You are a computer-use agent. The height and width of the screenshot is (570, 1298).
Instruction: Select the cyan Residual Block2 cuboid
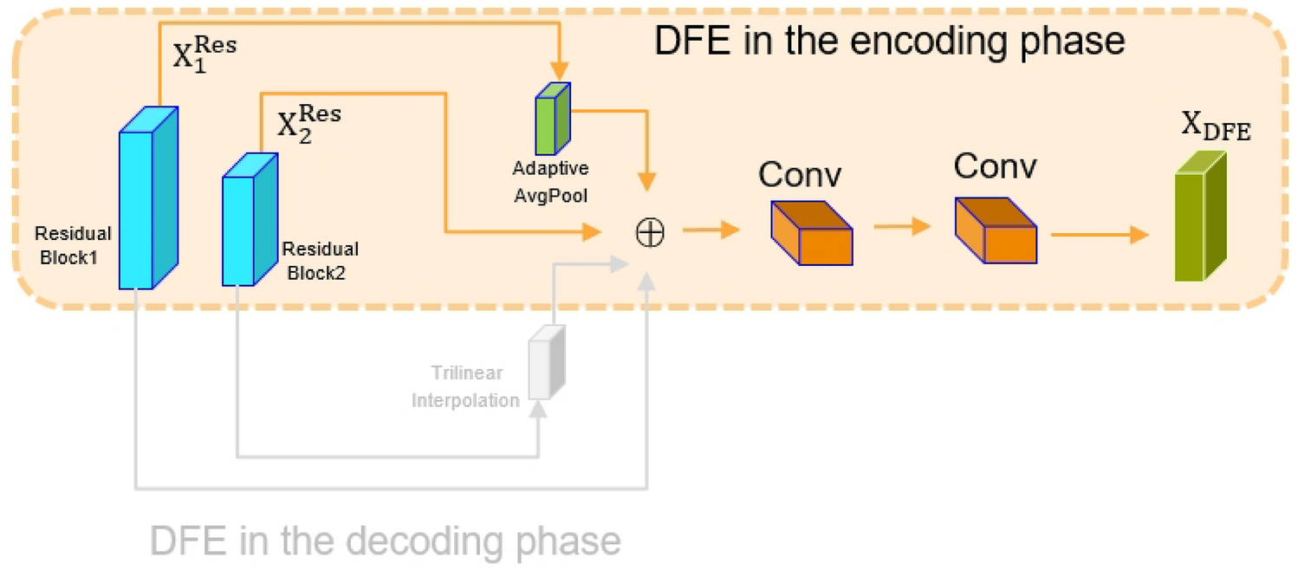pyautogui.click(x=250, y=220)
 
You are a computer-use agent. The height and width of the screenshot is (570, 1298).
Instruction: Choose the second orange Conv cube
pyautogui.click(x=996, y=230)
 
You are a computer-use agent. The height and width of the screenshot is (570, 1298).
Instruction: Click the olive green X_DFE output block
pyautogui.click(x=1199, y=217)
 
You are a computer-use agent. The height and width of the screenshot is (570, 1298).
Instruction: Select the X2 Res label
pyautogui.click(x=308, y=123)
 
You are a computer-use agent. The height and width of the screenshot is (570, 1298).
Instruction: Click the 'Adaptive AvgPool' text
pyautogui.click(x=550, y=181)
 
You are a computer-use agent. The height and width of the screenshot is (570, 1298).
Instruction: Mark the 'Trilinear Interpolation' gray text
pyautogui.click(x=466, y=386)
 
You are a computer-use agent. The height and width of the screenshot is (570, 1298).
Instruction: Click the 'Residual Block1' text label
pyautogui.click(x=73, y=245)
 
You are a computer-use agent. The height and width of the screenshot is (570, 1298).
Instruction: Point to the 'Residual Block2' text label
pyautogui.click(x=320, y=261)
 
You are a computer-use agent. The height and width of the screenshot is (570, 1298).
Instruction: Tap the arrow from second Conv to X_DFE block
pyautogui.click(x=1099, y=234)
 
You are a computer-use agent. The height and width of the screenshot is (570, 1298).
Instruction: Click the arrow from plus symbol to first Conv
pyautogui.click(x=711, y=230)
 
